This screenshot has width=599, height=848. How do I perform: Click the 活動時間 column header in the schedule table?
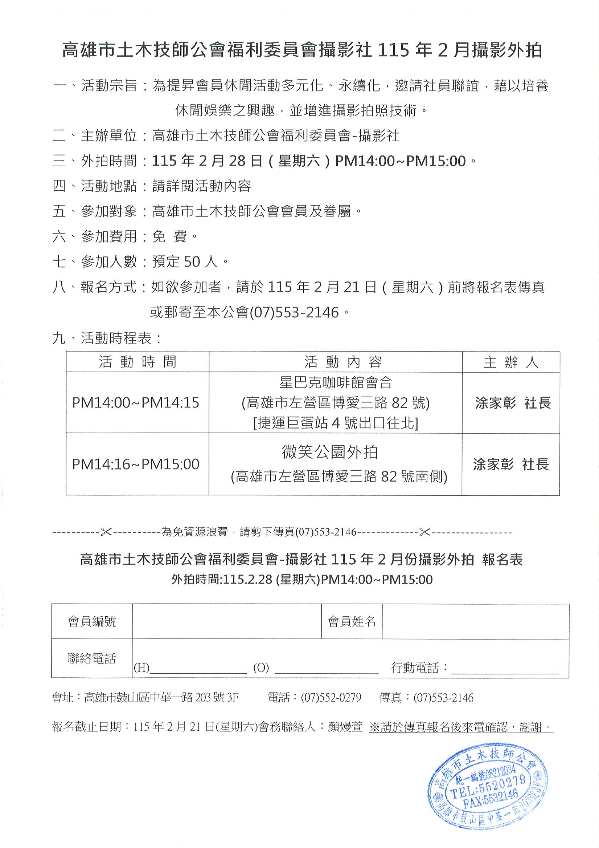pos(137,362)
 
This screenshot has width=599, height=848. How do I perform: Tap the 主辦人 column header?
pos(510,362)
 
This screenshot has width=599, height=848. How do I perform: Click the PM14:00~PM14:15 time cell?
pos(135,403)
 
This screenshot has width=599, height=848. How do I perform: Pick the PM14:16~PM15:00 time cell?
pos(135,464)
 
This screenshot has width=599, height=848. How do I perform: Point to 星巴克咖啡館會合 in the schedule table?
pos(336,382)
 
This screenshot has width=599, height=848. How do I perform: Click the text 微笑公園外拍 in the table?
pos(329,452)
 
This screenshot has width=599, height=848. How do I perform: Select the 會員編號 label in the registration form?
pos(92,622)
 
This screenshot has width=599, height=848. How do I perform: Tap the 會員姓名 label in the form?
pos(351,622)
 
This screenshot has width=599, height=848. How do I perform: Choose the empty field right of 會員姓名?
pos(475,622)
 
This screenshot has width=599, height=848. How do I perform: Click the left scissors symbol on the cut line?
pos(106,532)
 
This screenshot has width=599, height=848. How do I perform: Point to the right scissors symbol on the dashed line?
pos(424,532)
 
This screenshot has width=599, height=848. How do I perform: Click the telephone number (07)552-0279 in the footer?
pos(331,698)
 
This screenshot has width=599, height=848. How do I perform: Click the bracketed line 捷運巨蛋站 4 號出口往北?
pos(336,423)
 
